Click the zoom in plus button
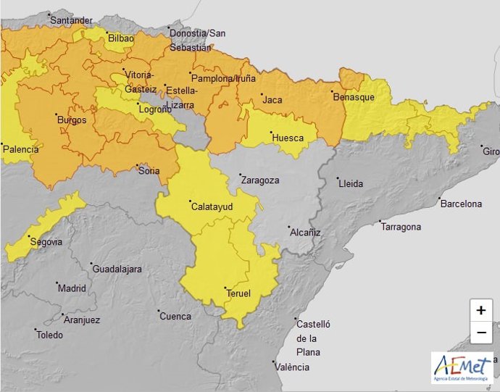pyautogui.click(x=481, y=310)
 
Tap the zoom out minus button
pyautogui.click(x=481, y=333)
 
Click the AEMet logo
pyautogui.click(x=462, y=368)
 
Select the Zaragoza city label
pyautogui.click(x=259, y=180)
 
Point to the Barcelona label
pyautogui.click(x=462, y=204)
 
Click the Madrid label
pyautogui.click(x=72, y=288)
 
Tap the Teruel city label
pyautogui.click(x=238, y=293)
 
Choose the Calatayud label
pyautogui.click(x=212, y=207)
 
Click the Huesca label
pyautogui.click(x=287, y=137)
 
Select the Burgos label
pyautogui.click(x=72, y=120)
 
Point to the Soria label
pyautogui.click(x=149, y=171)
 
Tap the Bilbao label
pyautogui.click(x=121, y=38)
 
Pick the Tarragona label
pyautogui.click(x=401, y=227)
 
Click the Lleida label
pyautogui.click(x=351, y=183)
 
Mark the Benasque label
pyautogui.click(x=354, y=96)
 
